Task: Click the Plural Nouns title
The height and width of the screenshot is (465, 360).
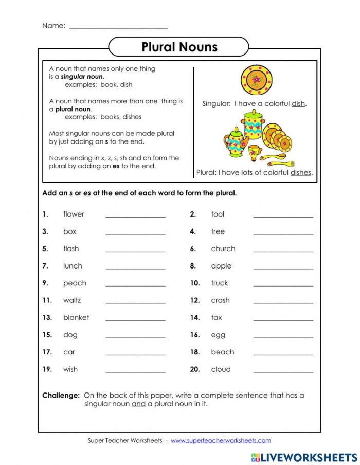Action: (x=179, y=47)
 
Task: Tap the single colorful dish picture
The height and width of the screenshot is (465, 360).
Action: (x=256, y=80)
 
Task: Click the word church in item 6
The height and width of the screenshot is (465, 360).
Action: (x=223, y=249)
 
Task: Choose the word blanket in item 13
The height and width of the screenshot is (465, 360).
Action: (x=76, y=318)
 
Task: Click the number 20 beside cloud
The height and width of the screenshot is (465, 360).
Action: (x=194, y=369)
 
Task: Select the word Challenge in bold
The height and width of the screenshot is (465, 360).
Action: (x=61, y=396)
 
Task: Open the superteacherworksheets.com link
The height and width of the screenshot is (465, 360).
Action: (x=221, y=441)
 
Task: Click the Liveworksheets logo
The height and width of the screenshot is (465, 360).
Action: (x=303, y=457)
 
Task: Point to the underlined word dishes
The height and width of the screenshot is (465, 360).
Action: (x=301, y=173)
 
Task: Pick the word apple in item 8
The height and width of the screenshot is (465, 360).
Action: (x=221, y=266)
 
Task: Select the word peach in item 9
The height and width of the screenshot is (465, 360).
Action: (x=75, y=283)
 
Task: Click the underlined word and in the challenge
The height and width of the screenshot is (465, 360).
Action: (x=138, y=404)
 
